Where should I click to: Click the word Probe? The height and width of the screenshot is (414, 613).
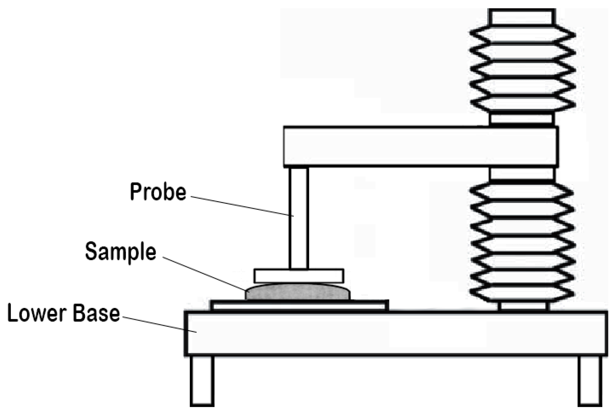tap(158, 192)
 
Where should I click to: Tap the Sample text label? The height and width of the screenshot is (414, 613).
tap(121, 252)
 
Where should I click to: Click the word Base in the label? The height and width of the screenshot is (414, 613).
tap(96, 313)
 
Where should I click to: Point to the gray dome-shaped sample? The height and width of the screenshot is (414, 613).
tap(298, 292)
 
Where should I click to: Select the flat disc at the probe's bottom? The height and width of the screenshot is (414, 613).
tap(299, 276)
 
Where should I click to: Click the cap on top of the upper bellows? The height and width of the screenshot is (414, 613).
tap(522, 17)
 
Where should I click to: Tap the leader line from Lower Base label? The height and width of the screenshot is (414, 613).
tap(159, 325)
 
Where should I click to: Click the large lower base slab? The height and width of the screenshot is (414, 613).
tap(396, 333)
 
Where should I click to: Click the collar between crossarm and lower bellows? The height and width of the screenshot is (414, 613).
tap(523, 174)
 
